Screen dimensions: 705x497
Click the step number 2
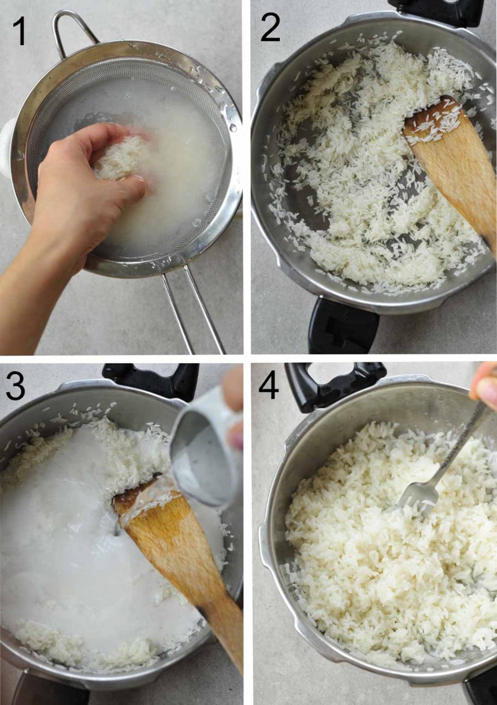(270, 29)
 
